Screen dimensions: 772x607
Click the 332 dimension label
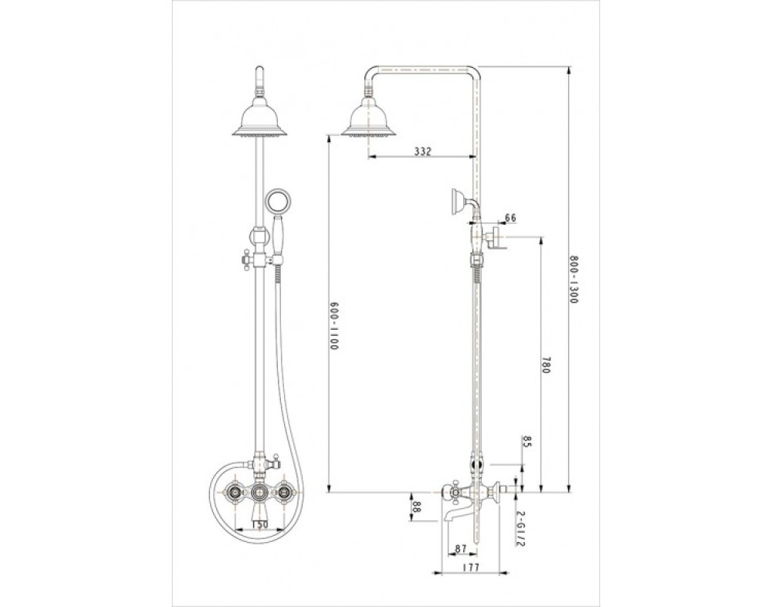(422, 151)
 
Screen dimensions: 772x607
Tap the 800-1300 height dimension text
(573, 279)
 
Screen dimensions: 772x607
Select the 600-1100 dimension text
(334, 326)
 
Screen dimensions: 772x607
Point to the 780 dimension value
(544, 365)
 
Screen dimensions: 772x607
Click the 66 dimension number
(510, 218)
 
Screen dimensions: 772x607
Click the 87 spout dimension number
(460, 548)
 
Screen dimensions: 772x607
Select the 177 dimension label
(470, 568)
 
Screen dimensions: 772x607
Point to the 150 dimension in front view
(259, 524)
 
